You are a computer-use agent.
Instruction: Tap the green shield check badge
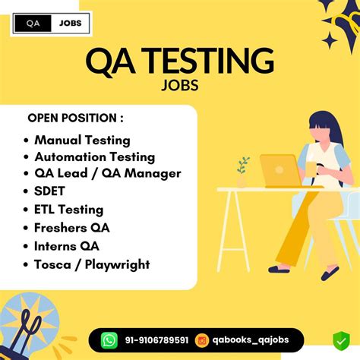(x=339, y=340)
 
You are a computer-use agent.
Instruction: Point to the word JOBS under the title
(x=180, y=84)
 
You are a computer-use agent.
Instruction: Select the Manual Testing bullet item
(x=82, y=140)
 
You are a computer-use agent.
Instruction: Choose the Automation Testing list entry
(x=94, y=156)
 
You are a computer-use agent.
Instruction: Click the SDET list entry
(x=51, y=191)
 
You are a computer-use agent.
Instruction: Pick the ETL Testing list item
(x=68, y=209)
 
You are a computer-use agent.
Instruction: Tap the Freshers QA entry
(x=72, y=227)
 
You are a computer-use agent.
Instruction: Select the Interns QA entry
(x=67, y=245)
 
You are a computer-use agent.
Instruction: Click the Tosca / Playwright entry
(x=92, y=264)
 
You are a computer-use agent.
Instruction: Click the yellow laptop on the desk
(x=279, y=170)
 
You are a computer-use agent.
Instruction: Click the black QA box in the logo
(x=33, y=24)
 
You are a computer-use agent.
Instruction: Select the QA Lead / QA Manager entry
(x=107, y=173)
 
